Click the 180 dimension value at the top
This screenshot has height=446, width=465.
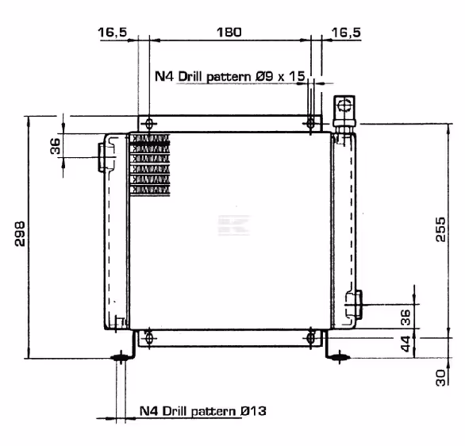[229, 32]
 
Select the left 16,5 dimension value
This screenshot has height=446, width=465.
[113, 32]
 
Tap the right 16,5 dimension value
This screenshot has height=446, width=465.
[346, 32]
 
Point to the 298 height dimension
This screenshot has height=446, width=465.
[20, 233]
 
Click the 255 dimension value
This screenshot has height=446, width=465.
[440, 229]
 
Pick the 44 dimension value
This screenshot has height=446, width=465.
[405, 344]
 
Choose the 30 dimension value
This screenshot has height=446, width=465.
[440, 378]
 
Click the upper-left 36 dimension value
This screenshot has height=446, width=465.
[56, 146]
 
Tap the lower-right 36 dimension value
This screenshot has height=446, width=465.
[405, 317]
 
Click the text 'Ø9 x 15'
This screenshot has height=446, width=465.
[280, 76]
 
